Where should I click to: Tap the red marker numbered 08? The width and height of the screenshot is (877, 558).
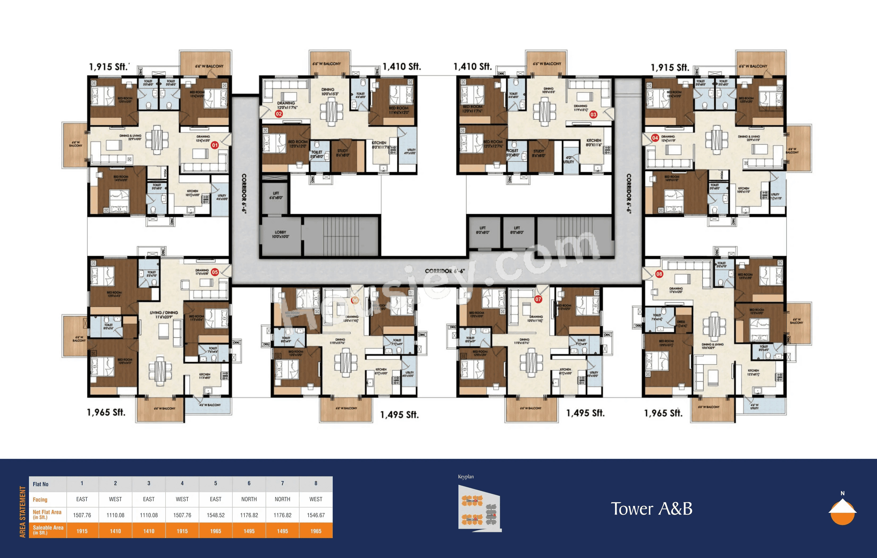click(x=659, y=274)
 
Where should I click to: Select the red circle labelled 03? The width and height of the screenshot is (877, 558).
click(x=593, y=114)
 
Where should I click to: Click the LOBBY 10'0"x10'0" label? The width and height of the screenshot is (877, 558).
click(x=280, y=234)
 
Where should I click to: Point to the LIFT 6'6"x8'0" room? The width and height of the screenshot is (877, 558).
click(x=276, y=196)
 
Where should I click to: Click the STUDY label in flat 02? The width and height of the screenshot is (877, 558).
click(x=342, y=153)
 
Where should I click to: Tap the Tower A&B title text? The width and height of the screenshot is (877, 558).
click(x=652, y=509)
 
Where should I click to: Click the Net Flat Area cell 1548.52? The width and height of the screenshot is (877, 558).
click(x=216, y=515)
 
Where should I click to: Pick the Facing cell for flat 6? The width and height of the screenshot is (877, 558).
click(x=249, y=499)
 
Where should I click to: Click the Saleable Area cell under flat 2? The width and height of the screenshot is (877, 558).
click(x=115, y=531)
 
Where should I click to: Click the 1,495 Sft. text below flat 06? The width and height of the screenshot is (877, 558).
click(x=399, y=415)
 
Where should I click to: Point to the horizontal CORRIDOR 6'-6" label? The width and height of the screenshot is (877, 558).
click(x=445, y=271)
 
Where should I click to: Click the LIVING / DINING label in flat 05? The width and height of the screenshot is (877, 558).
click(x=164, y=314)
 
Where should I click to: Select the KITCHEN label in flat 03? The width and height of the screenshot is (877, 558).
click(x=594, y=142)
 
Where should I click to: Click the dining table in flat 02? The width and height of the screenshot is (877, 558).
click(x=331, y=110)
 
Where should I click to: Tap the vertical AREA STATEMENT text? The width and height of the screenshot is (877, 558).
click(x=23, y=512)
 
